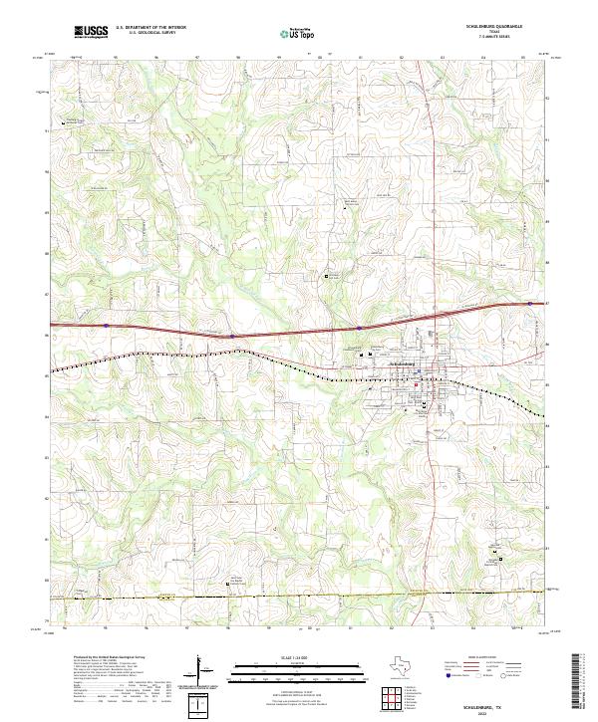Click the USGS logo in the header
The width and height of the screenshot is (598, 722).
[x=93, y=32]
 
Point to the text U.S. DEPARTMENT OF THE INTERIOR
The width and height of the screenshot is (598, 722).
[x=150, y=28]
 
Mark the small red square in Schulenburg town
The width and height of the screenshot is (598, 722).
[x=421, y=372]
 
